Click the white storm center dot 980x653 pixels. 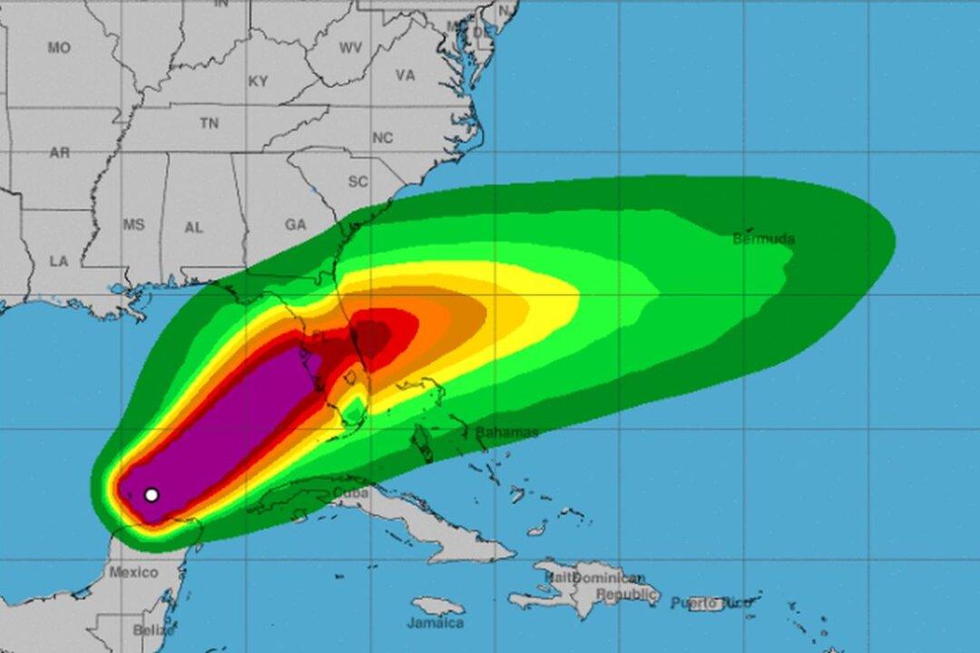click(152, 494)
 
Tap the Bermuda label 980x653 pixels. click(763, 239)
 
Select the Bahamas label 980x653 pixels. click(506, 433)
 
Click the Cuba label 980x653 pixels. click(351, 492)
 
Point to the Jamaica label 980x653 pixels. click(435, 623)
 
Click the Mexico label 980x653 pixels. click(133, 572)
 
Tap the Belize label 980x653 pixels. click(153, 629)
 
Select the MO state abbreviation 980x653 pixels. click(59, 48)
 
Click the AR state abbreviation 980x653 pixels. click(59, 153)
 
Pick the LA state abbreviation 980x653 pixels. click(59, 261)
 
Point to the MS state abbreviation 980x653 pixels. click(133, 225)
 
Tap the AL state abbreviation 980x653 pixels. click(194, 228)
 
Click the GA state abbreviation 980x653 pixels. click(296, 225)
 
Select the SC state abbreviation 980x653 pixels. click(358, 181)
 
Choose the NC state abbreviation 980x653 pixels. click(383, 138)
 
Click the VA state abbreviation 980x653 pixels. click(405, 75)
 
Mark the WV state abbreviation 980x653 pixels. click(350, 48)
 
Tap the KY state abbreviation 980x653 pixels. click(259, 82)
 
